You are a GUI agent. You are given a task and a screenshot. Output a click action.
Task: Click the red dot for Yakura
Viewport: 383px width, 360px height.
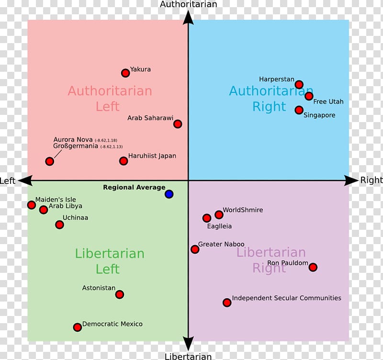125,73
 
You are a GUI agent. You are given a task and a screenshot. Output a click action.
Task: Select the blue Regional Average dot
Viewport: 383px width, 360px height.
169,194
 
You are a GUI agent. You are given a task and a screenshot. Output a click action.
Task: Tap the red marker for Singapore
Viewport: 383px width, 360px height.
299,110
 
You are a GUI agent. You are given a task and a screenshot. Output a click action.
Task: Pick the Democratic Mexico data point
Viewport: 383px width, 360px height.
78,327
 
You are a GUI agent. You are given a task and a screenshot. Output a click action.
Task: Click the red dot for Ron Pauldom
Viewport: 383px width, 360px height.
313,267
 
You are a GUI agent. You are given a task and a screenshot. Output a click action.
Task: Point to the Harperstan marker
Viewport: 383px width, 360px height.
299,85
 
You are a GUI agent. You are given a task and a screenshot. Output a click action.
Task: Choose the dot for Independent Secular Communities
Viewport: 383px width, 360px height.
227,303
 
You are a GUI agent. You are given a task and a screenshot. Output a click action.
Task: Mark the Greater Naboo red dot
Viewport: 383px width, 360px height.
195,249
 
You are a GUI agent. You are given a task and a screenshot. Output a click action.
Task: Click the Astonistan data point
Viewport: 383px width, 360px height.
120,294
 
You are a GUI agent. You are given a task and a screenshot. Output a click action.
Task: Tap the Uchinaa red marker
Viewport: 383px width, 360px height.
60,225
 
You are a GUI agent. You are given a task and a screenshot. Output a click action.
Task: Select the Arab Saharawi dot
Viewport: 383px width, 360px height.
178,124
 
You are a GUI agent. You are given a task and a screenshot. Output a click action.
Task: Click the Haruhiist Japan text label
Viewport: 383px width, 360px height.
152,156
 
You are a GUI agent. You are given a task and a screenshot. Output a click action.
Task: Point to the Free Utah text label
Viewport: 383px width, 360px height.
328,101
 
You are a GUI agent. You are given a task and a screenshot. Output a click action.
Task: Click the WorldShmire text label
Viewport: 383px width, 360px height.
243,210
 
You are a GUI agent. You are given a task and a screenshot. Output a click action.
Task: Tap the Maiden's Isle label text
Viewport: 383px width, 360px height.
56,200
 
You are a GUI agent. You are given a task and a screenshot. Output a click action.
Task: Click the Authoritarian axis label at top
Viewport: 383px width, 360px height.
188,4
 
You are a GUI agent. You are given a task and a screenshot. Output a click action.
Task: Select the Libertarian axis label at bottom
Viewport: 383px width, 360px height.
188,356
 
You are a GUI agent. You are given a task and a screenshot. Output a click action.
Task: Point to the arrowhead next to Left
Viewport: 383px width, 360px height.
24,180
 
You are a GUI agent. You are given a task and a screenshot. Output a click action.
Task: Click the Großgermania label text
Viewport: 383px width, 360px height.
76,146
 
